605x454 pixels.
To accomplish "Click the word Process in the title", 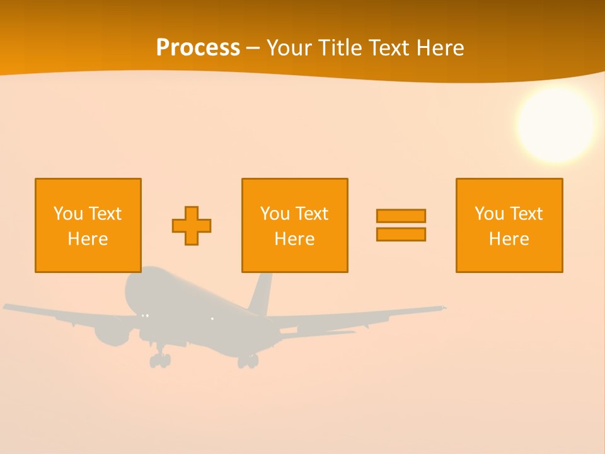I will (198, 48).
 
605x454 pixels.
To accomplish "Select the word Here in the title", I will (441, 48).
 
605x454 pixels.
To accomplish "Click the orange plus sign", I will (192, 226).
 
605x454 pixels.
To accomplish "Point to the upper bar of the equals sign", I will (401, 216).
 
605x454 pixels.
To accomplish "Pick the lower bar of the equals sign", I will (401, 234).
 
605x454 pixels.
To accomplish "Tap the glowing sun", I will (555, 124).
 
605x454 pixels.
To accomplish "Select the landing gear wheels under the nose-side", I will (160, 360).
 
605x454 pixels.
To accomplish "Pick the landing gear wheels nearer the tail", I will (248, 361).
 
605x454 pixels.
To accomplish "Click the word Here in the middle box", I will (294, 239).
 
